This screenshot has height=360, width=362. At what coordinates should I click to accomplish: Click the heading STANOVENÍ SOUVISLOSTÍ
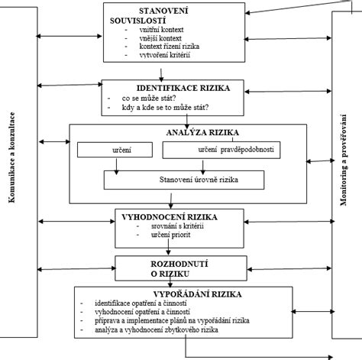149,15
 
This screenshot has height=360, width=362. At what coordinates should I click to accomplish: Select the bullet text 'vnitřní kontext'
161,30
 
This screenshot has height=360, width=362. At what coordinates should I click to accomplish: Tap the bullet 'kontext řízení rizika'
170,47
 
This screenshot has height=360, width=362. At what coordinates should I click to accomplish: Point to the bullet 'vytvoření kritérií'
165,55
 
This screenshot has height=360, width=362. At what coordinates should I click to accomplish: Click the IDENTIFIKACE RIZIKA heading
183,88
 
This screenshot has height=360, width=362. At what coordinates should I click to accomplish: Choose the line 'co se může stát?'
149,98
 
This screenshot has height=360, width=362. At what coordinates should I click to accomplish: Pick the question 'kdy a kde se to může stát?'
165,108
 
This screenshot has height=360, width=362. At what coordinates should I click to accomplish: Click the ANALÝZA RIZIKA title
202,132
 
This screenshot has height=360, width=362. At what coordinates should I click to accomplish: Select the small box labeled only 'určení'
115,150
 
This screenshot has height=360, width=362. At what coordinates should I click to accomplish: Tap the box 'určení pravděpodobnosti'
221,151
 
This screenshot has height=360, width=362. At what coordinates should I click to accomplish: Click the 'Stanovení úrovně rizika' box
184,180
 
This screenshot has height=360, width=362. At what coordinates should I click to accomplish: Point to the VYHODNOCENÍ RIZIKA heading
170,217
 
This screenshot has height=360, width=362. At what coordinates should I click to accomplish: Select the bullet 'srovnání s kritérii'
177,226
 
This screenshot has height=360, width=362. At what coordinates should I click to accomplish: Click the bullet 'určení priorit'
170,235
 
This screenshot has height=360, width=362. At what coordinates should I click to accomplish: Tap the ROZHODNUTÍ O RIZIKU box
181,268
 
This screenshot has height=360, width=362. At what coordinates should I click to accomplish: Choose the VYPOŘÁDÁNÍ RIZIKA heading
197,294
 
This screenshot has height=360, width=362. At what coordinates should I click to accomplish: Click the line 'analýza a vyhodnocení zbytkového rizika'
157,330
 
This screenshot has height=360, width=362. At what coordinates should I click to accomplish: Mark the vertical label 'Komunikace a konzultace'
11,157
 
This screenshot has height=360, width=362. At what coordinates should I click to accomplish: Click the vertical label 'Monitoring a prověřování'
344,160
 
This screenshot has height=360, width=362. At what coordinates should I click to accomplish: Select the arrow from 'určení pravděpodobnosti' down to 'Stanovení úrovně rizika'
203,167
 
